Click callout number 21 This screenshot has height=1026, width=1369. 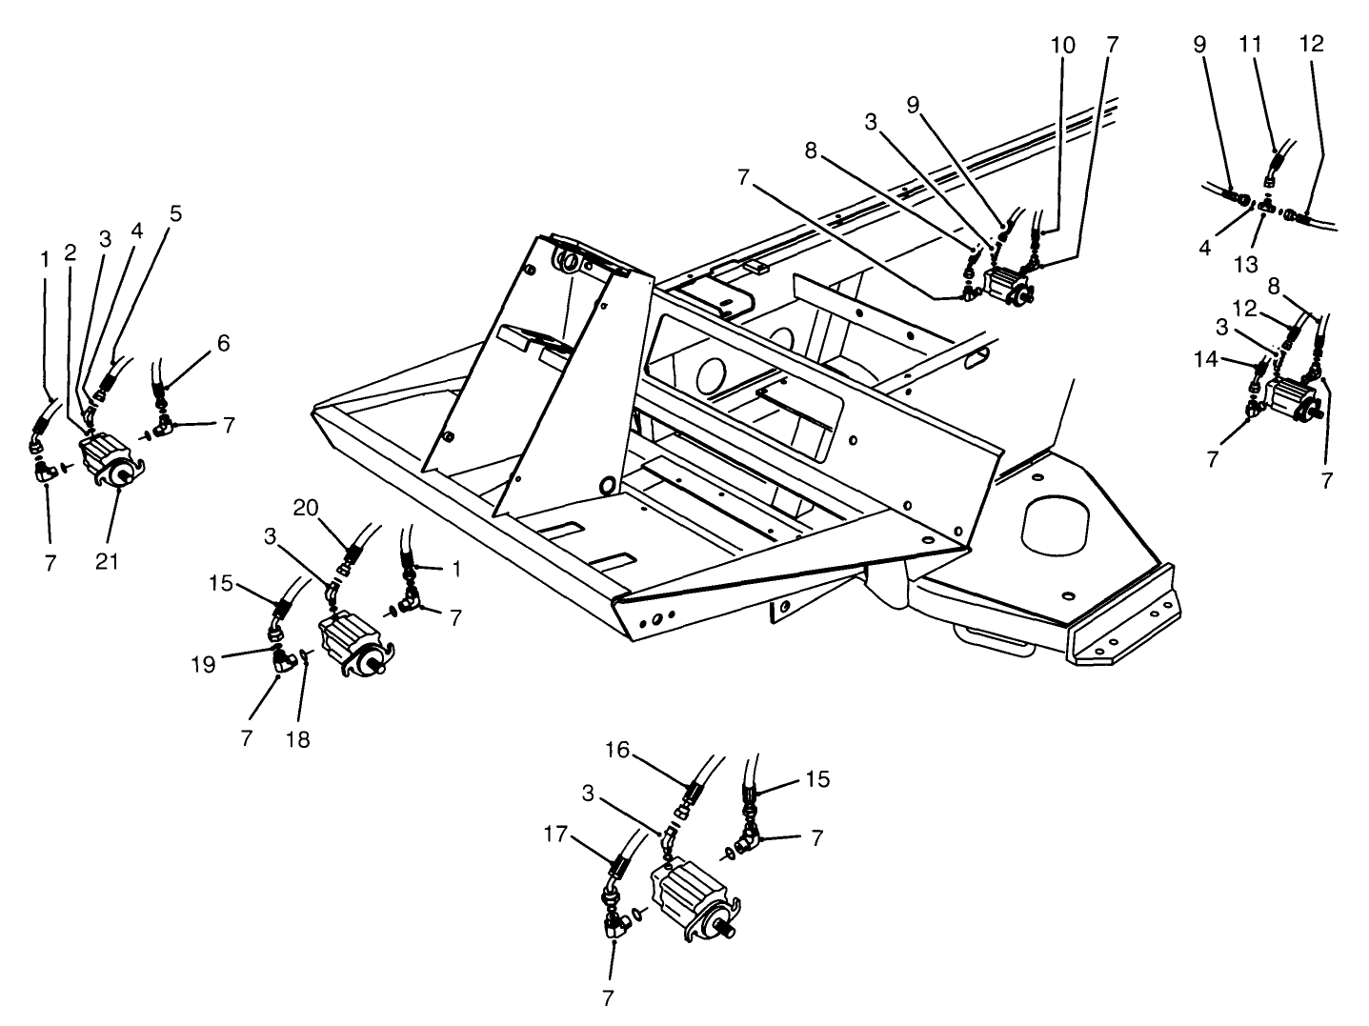107,562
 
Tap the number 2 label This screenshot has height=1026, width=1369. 70,251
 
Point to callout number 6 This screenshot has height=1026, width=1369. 223,343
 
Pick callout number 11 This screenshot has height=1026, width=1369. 1249,44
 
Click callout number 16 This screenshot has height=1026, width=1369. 617,750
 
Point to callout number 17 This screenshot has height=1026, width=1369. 556,835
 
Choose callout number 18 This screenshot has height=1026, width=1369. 298,738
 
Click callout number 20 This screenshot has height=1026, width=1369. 305,508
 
